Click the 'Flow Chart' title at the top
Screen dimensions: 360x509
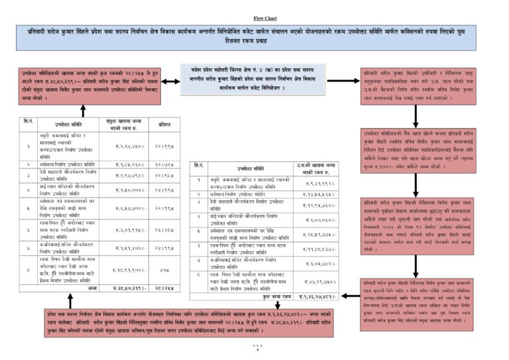point(254,18)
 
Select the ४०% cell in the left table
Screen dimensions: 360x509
point(165,270)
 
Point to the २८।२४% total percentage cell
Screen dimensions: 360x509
point(165,288)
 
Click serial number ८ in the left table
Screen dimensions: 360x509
point(28,270)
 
